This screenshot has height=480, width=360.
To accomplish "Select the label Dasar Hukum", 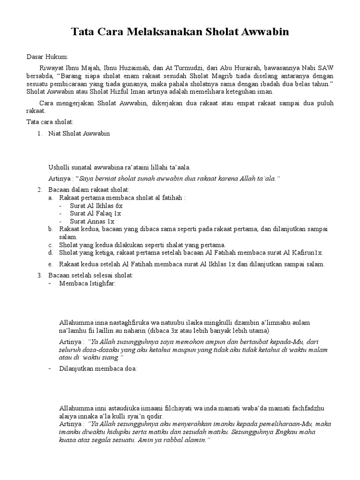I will pos(47,57).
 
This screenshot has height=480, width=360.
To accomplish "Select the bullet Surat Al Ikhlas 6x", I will pos(96,205).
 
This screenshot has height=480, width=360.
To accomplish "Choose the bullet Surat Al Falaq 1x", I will pos(95,213).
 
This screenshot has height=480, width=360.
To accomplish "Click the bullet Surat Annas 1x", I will pos(92,221).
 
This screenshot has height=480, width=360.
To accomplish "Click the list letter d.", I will pos(50,253).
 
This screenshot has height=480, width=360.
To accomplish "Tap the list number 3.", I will pos(40,275).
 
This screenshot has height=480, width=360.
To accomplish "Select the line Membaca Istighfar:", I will pos(87,284).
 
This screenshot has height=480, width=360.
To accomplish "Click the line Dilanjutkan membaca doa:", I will pos(98,369).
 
